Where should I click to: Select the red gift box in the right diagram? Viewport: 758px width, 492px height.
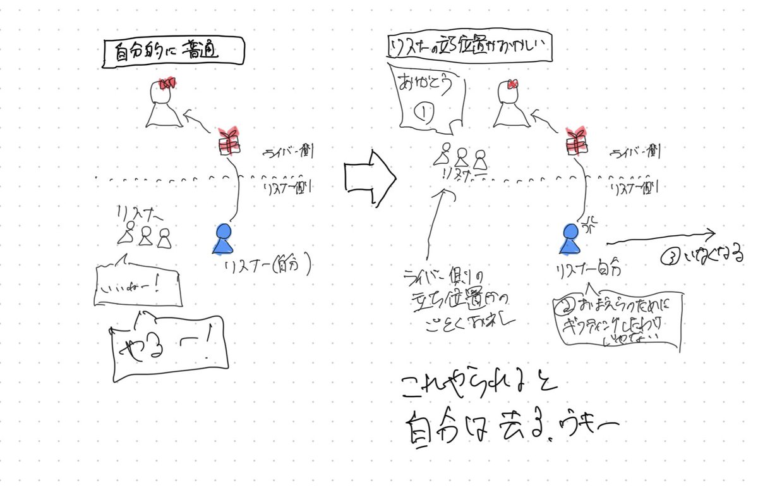coord(575,142)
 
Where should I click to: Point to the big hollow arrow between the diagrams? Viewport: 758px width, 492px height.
coord(369,178)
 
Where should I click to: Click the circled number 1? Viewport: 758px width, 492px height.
coord(425,114)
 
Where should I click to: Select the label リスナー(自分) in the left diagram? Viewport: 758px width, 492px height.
coord(268,266)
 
